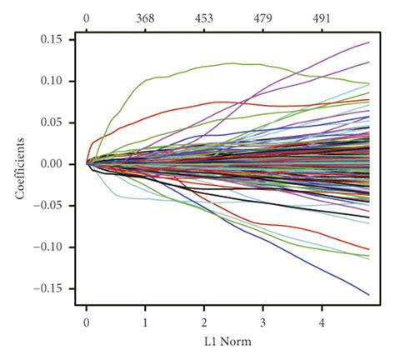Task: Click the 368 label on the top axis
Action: coord(145,17)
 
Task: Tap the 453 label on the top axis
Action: coord(203,17)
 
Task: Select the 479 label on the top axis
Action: coord(262,17)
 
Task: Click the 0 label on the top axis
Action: coord(87,17)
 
